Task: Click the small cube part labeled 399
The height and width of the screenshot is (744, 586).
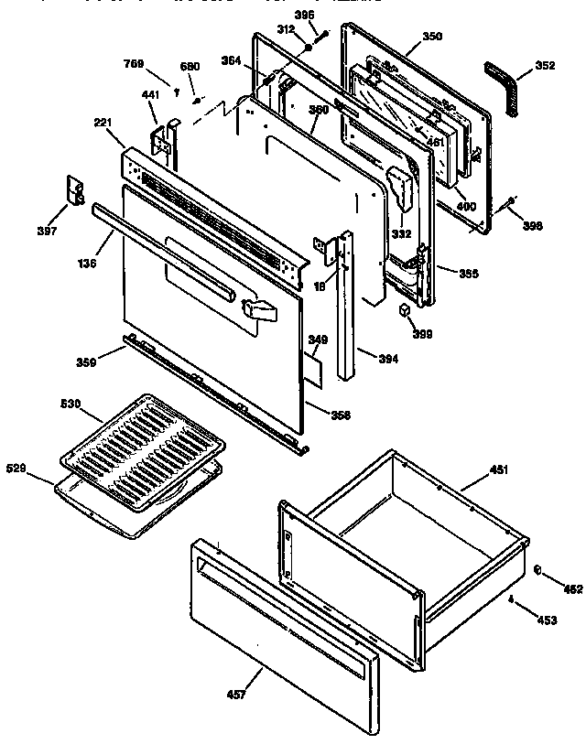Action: [x=403, y=311]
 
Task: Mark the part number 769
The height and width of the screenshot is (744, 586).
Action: [x=135, y=64]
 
